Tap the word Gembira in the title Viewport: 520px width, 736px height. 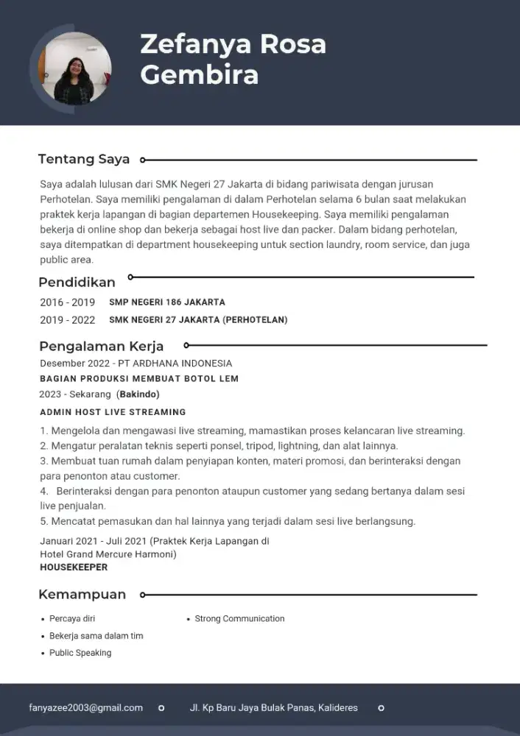click(199, 75)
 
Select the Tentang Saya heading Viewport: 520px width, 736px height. click(83, 159)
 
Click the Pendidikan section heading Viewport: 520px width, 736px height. click(77, 282)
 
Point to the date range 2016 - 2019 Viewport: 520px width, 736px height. click(67, 302)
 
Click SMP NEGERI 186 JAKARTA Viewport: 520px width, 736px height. click(167, 302)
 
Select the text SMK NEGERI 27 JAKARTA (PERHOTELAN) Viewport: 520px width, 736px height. click(198, 319)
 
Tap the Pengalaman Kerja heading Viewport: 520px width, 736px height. click(101, 346)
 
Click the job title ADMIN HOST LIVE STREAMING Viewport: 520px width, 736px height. click(113, 412)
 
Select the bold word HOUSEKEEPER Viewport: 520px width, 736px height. click(74, 567)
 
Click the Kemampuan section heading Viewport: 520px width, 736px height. click(82, 594)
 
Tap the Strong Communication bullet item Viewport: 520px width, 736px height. click(239, 618)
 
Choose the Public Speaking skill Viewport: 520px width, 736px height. click(80, 653)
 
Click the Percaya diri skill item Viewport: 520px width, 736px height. click(71, 618)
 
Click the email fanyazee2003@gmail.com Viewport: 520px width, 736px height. click(85, 707)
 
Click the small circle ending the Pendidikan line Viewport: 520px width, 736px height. click(131, 277)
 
